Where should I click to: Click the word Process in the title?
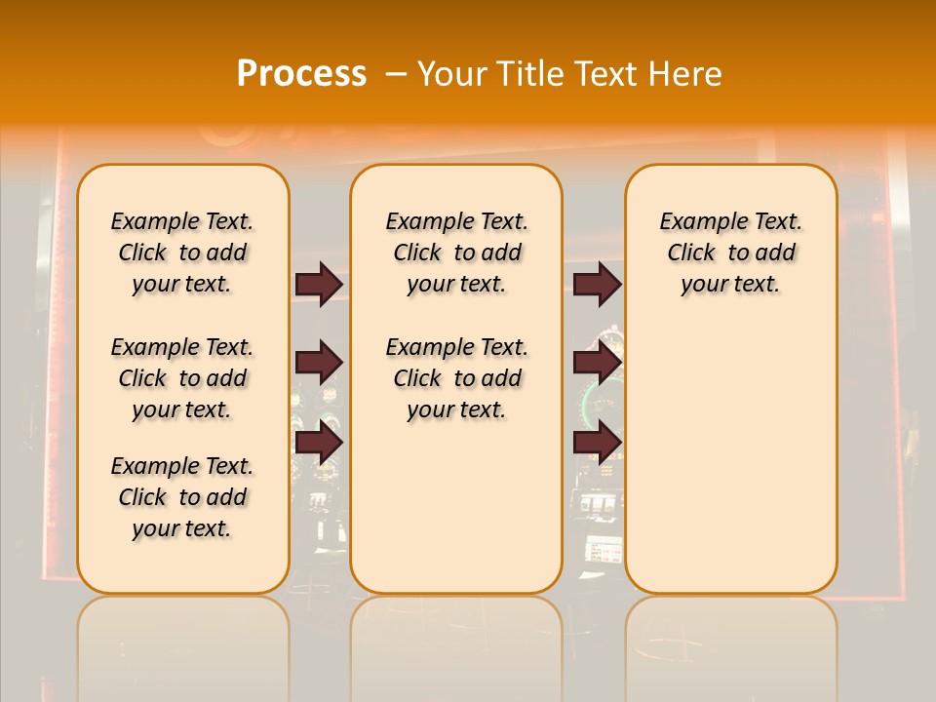click(x=301, y=73)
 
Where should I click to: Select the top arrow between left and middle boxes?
click(x=319, y=284)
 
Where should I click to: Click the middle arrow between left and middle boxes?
click(x=319, y=363)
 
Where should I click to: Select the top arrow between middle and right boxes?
click(x=597, y=284)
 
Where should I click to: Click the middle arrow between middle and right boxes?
click(x=597, y=363)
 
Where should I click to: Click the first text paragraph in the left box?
click(x=182, y=253)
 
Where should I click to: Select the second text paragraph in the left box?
click(x=182, y=378)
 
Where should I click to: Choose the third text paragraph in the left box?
click(x=182, y=497)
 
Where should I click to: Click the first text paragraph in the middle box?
click(x=456, y=253)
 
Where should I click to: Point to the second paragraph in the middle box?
click(x=456, y=378)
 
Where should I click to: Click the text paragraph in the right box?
click(x=730, y=253)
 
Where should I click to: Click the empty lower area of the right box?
click(x=730, y=458)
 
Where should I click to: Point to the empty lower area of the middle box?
click(x=456, y=507)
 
